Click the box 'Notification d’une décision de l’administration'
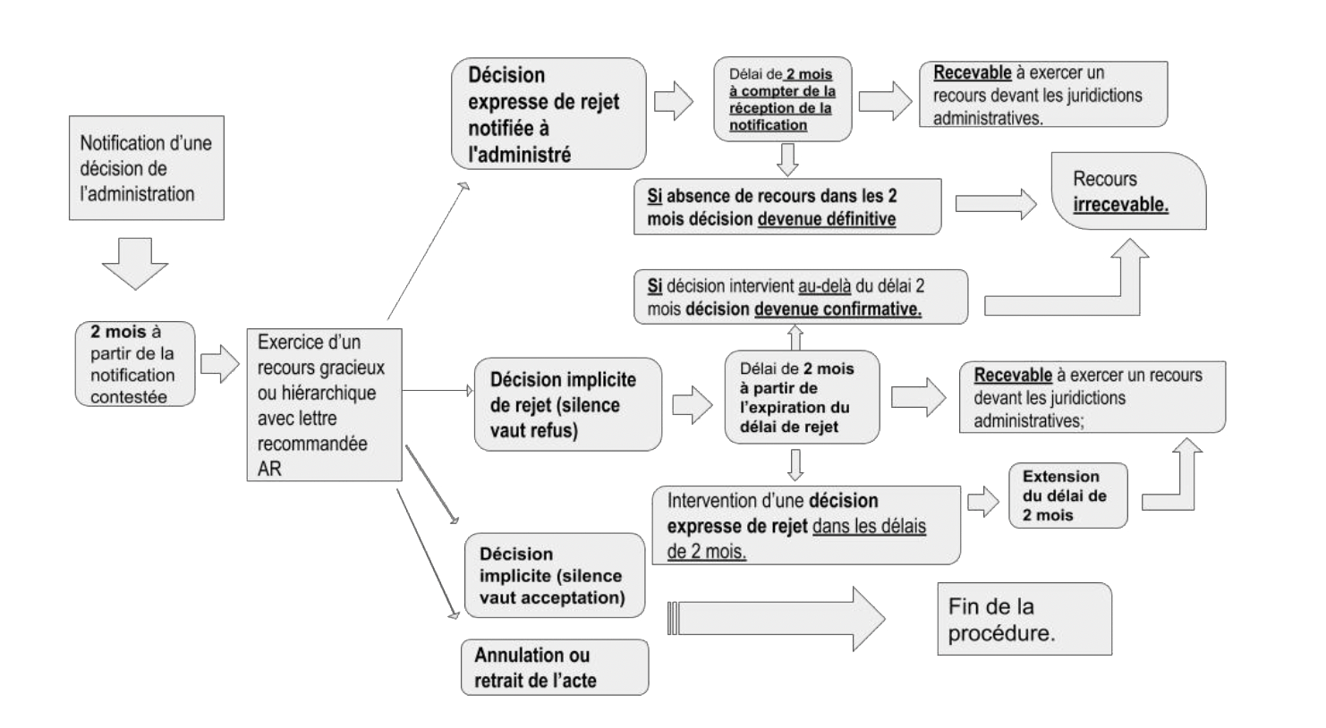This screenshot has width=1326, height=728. [146, 168]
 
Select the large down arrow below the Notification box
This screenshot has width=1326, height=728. [135, 263]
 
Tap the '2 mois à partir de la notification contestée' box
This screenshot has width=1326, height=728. [135, 364]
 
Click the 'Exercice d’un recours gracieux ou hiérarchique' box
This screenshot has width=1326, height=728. [325, 405]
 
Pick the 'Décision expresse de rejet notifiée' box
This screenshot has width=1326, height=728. [548, 114]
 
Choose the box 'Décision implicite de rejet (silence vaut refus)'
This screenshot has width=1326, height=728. [568, 404]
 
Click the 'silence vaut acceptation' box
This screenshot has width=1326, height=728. [555, 575]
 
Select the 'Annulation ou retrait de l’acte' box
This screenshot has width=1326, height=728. [555, 667]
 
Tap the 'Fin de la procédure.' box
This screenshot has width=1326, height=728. [1024, 619]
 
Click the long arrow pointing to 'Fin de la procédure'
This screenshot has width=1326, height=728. [776, 619]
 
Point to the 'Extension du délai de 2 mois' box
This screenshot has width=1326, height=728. [1068, 495]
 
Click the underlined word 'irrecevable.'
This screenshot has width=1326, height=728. [1120, 205]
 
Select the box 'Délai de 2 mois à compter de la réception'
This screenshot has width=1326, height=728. [783, 99]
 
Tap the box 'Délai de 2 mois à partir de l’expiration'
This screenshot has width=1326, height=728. [802, 397]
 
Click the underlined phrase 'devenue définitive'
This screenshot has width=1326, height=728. [827, 219]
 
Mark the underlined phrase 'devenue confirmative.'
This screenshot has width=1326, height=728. [837, 309]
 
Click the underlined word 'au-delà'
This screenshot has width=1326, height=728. [825, 286]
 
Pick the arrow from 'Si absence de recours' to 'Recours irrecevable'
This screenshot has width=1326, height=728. [996, 204]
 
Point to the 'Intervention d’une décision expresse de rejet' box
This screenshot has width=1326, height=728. [806, 526]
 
